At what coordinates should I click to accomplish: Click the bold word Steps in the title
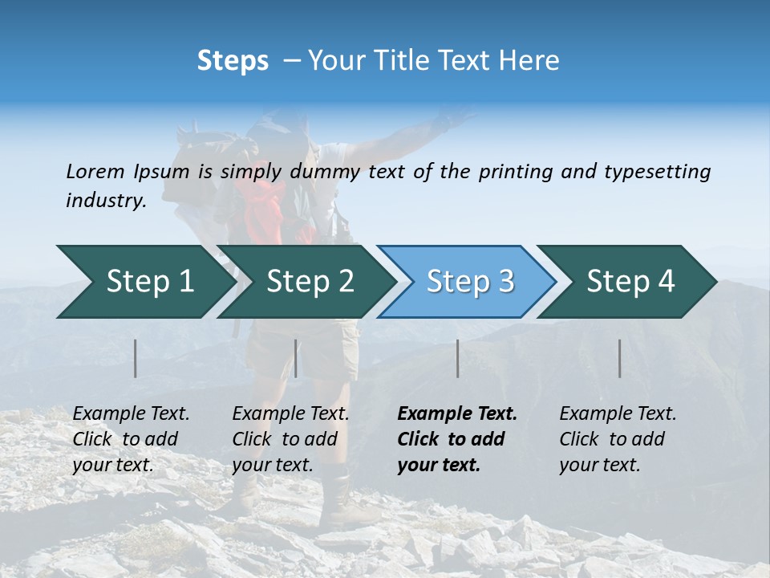click(233, 61)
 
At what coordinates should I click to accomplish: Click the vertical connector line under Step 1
click(136, 358)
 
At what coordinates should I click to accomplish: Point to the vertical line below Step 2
click(296, 358)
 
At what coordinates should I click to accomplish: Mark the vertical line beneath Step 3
click(457, 358)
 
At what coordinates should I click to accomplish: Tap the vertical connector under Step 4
click(619, 358)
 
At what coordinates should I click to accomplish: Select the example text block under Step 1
click(131, 439)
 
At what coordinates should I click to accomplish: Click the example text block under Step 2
click(290, 439)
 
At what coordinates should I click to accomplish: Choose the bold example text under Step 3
click(457, 439)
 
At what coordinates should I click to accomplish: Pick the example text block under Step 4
click(618, 439)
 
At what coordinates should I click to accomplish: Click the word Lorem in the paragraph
click(95, 172)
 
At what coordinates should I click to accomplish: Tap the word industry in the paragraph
click(105, 201)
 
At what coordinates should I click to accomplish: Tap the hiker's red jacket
click(265, 209)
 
